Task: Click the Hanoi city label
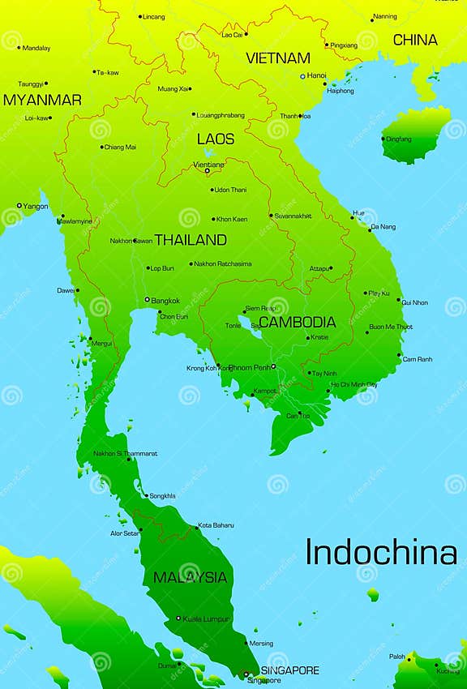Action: (x=316, y=75)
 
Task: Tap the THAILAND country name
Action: (x=191, y=240)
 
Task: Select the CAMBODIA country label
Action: (x=297, y=322)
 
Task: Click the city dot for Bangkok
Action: (x=148, y=300)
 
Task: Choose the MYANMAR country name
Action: (x=42, y=100)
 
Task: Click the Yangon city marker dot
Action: (x=19, y=206)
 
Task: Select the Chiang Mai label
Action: (x=120, y=147)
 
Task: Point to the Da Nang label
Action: (x=383, y=228)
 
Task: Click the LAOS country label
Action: (x=216, y=139)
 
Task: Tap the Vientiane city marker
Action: (x=207, y=170)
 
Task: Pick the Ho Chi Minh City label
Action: (x=354, y=384)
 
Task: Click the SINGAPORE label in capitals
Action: (x=289, y=670)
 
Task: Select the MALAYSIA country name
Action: (x=191, y=577)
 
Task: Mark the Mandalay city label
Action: (x=36, y=48)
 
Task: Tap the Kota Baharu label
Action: (x=216, y=525)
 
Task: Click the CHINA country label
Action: (x=415, y=40)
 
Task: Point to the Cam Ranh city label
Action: (x=418, y=359)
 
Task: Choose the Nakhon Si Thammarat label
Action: (x=126, y=453)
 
